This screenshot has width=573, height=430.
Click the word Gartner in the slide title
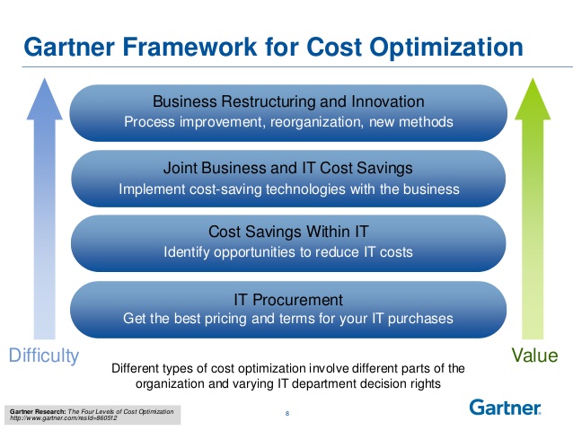click(x=67, y=45)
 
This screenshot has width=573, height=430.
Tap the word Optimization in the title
click(x=445, y=45)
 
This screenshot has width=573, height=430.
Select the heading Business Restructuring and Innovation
click(x=287, y=101)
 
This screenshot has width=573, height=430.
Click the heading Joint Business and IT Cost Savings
click(x=287, y=168)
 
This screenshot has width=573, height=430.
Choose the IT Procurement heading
click(x=287, y=299)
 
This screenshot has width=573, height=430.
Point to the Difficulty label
click(x=43, y=356)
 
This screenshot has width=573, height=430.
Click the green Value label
click(x=534, y=356)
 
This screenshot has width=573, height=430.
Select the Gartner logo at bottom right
click(x=505, y=408)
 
